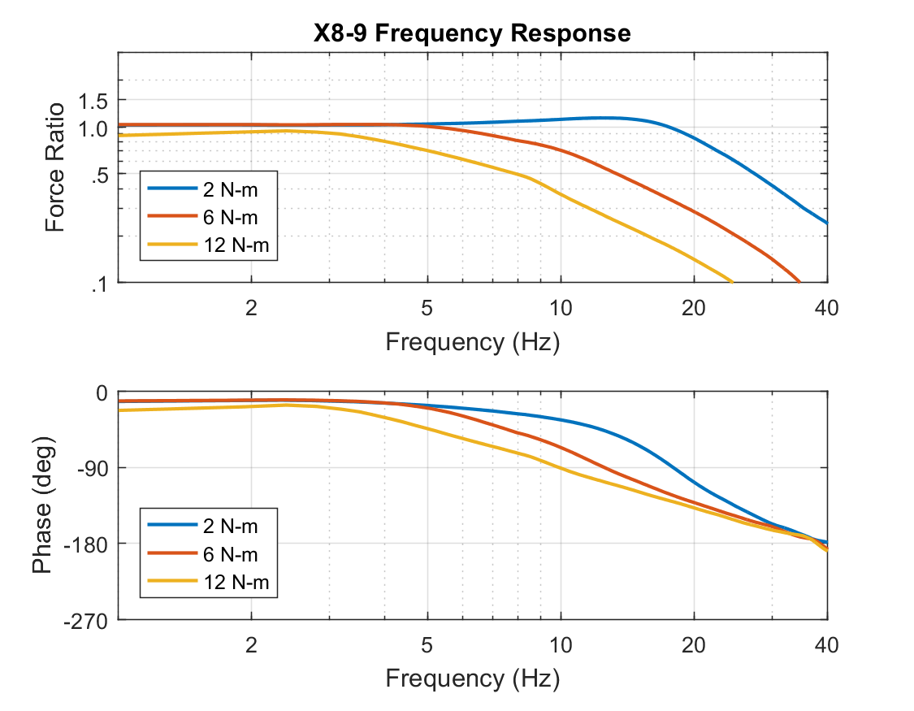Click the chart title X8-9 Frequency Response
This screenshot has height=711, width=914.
[472, 33]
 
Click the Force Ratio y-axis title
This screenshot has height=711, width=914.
[55, 167]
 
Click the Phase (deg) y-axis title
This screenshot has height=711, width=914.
[42, 505]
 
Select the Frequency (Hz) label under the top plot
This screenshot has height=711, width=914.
[472, 341]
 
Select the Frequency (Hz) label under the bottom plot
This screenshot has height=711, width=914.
[472, 677]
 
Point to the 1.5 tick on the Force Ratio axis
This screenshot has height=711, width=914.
[94, 101]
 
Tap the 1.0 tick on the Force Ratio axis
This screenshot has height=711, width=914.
[94, 129]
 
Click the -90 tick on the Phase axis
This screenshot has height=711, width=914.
[93, 468]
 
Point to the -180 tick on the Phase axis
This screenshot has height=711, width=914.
[89, 544]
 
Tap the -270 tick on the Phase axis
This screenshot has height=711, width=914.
[89, 620]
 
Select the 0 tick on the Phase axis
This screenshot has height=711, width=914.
[102, 392]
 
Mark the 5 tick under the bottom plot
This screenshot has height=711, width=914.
[427, 645]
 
